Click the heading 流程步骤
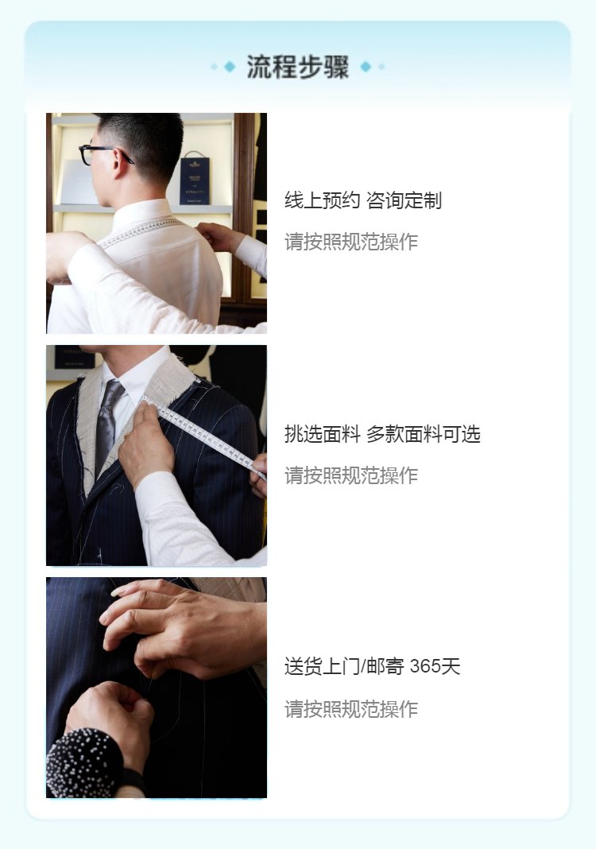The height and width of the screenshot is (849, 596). [x=298, y=67]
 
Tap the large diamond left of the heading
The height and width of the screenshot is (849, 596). [x=230, y=67]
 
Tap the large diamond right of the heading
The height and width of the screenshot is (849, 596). [x=366, y=67]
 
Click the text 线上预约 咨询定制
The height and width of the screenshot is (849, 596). [x=363, y=200]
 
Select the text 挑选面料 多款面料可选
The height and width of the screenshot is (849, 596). [x=382, y=434]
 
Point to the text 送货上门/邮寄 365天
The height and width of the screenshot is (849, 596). [x=373, y=666]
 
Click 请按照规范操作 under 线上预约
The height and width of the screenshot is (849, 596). [x=351, y=242]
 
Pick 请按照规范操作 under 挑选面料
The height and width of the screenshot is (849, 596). [x=351, y=475]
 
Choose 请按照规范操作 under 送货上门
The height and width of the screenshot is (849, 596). [x=351, y=709]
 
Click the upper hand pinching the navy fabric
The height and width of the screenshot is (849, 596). [x=184, y=628]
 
